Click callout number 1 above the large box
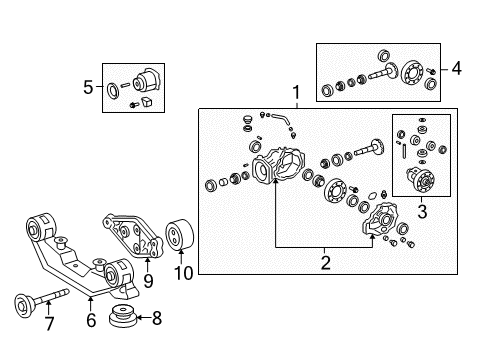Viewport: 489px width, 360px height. [296, 95]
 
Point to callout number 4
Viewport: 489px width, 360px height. [457, 69]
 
